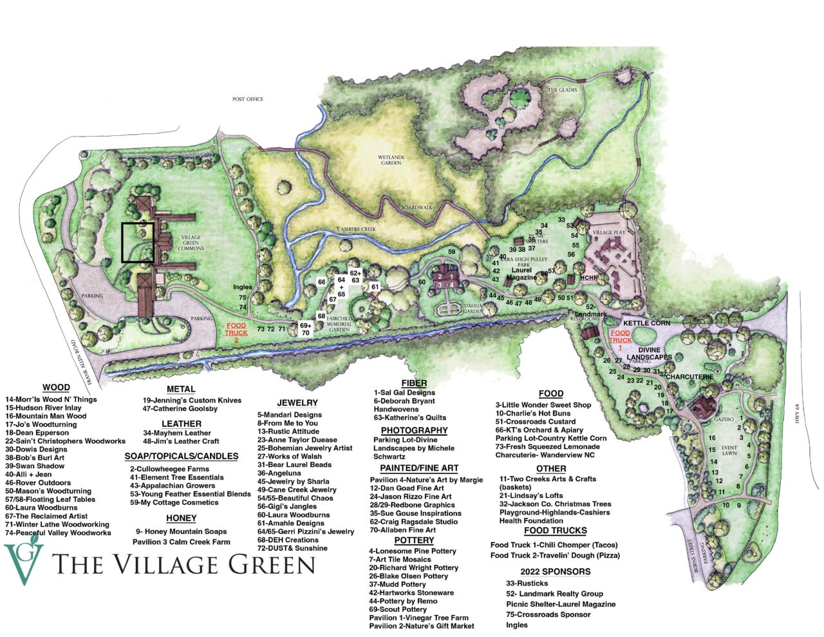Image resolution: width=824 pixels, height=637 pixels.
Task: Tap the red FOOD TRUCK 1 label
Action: coord(620,339)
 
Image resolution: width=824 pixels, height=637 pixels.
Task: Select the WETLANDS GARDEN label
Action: coord(390,159)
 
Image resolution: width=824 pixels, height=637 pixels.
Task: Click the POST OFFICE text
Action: coord(248,99)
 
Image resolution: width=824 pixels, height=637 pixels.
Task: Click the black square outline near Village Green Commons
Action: coord(138,242)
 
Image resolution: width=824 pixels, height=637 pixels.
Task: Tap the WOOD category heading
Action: coord(56,388)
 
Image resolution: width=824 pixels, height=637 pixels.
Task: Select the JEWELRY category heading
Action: coord(297,403)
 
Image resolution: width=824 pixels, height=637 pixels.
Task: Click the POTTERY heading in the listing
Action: coord(414,540)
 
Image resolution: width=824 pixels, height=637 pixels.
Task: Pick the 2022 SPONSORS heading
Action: coord(555,571)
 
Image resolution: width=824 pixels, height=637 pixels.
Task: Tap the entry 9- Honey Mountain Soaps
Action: coord(181,531)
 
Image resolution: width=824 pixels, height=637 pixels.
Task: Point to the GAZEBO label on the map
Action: coord(725,419)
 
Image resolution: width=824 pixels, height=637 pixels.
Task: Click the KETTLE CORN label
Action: coord(646,323)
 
